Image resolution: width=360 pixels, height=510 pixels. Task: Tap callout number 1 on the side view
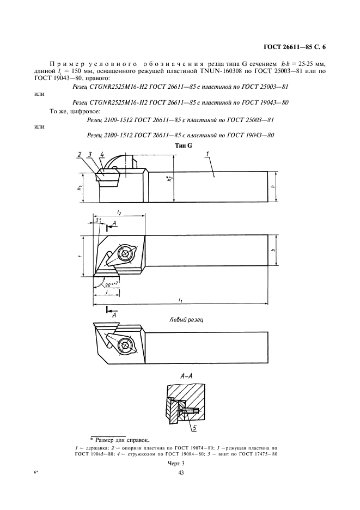[208, 155]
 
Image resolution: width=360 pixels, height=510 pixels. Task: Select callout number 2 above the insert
[79, 155]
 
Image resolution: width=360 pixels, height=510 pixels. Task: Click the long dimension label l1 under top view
[180, 299]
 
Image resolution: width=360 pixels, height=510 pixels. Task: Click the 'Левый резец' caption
[186, 320]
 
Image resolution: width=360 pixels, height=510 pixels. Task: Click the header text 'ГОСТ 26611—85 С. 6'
[299, 47]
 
